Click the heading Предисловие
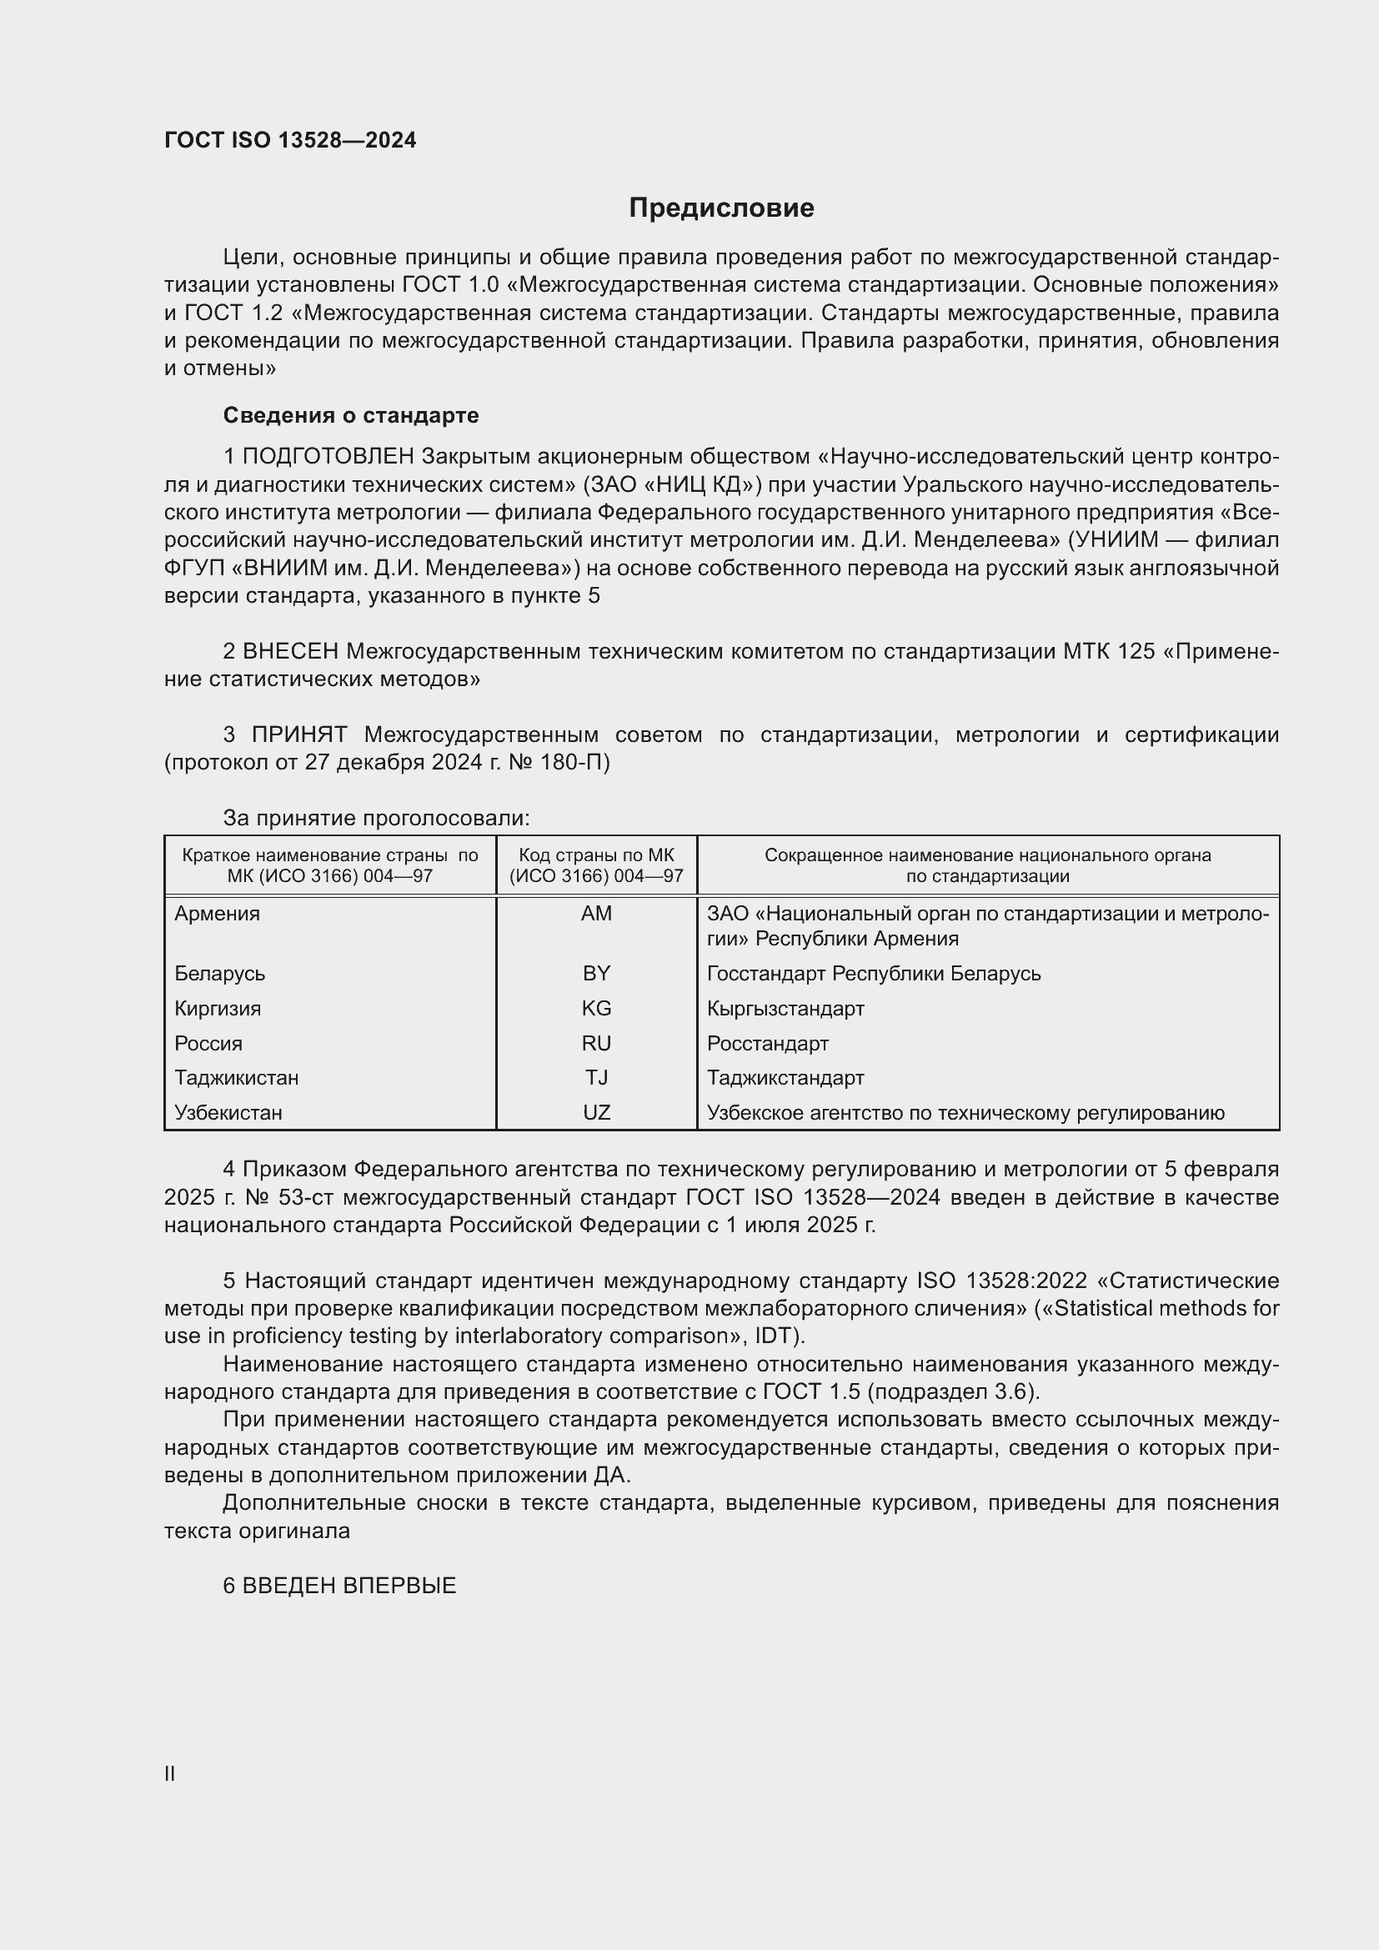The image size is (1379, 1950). click(721, 208)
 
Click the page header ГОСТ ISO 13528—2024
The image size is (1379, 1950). click(290, 141)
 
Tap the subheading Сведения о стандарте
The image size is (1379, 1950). click(351, 415)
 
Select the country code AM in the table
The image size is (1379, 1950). click(596, 914)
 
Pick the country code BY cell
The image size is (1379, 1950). click(596, 973)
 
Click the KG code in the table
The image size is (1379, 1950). click(596, 1008)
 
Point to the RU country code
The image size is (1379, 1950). click(596, 1043)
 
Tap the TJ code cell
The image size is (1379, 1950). click(596, 1078)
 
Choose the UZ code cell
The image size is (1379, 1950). click(596, 1113)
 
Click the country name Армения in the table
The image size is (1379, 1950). click(218, 914)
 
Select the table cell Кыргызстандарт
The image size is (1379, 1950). click(785, 1008)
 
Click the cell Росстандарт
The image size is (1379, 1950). click(768, 1043)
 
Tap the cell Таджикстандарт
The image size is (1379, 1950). click(785, 1078)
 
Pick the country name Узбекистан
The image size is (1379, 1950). click(228, 1113)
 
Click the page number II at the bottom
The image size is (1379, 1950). click(170, 1773)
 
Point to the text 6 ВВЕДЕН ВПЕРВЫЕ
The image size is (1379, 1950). click(339, 1586)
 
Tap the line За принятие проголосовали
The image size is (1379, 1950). click(376, 818)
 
